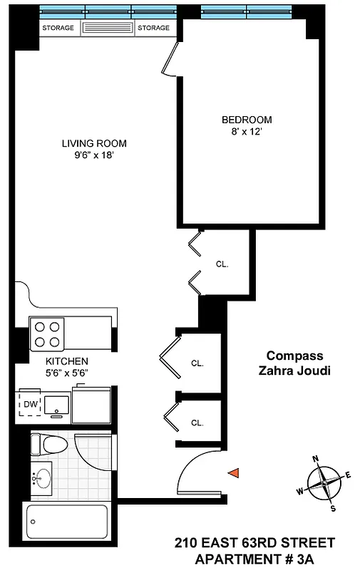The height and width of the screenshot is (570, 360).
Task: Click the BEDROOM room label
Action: (246, 120)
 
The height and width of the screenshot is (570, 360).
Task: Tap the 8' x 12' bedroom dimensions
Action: (246, 132)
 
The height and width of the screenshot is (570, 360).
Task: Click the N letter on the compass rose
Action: (316, 460)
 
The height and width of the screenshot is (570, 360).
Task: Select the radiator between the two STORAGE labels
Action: (108, 28)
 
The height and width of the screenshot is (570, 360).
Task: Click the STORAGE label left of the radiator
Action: (59, 28)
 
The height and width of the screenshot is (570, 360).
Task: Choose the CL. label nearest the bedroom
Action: (222, 264)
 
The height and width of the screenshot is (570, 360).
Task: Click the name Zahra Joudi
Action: (294, 370)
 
